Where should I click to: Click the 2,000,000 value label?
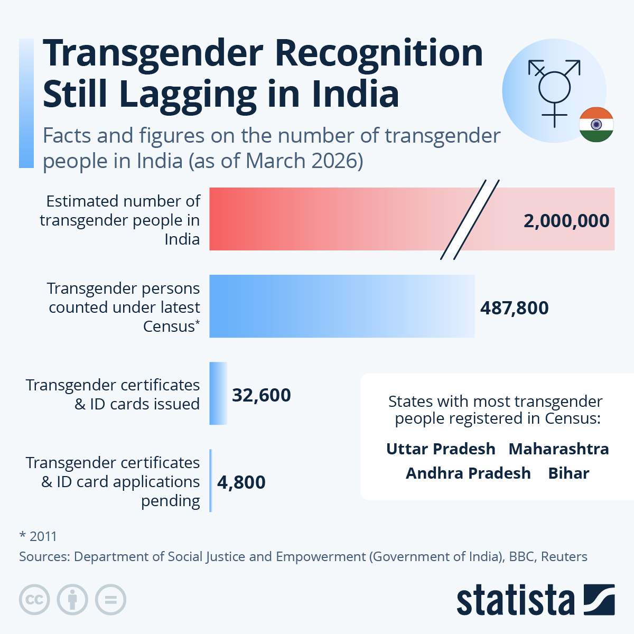click(566, 221)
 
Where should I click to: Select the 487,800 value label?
click(514, 308)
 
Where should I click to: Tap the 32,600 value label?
click(262, 395)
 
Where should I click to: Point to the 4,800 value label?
click(241, 482)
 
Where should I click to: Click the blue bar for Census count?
click(342, 306)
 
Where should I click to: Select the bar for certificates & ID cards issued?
click(218, 394)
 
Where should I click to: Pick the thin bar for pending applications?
click(211, 481)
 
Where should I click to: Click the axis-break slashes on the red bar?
click(470, 220)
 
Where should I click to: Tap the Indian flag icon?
click(596, 125)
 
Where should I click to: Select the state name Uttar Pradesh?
click(441, 449)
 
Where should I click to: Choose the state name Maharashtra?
click(558, 449)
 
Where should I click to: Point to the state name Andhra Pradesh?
click(468, 473)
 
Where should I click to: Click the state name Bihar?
click(568, 473)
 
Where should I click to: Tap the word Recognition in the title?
click(379, 54)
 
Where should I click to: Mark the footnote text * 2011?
click(38, 536)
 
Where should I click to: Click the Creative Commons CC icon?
click(34, 600)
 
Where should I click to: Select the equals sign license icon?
click(111, 600)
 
